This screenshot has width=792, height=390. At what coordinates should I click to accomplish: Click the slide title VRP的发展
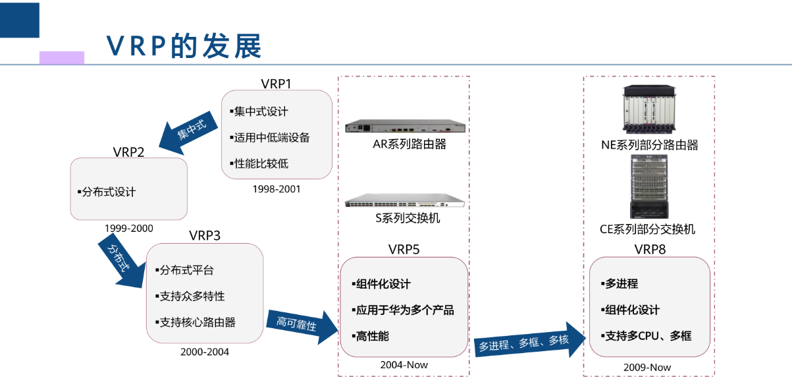pyautogui.click(x=184, y=46)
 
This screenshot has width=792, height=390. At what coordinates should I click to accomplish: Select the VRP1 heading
pyautogui.click(x=276, y=84)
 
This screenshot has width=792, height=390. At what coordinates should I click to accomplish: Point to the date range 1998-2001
pyautogui.click(x=276, y=189)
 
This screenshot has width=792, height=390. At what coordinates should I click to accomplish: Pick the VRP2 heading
pyautogui.click(x=128, y=152)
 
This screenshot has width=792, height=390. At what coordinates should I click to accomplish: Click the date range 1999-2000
pyautogui.click(x=128, y=229)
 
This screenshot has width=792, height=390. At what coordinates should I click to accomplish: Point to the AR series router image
pyautogui.click(x=405, y=127)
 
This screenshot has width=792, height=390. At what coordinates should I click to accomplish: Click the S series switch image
pyautogui.click(x=405, y=201)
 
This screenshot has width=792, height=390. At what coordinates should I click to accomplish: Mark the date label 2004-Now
pyautogui.click(x=404, y=365)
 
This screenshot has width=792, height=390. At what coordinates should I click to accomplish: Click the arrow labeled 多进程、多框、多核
pyautogui.click(x=527, y=341)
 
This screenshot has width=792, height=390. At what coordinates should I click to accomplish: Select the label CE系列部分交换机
pyautogui.click(x=647, y=229)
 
